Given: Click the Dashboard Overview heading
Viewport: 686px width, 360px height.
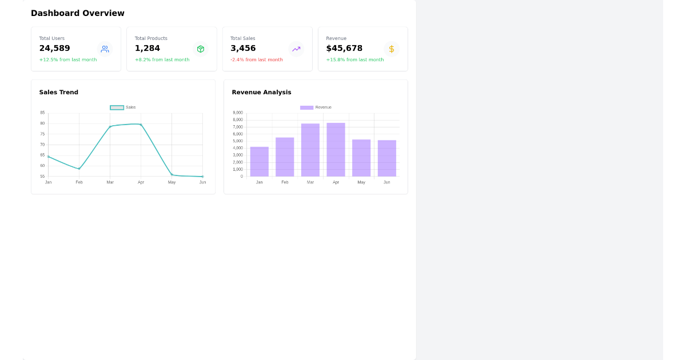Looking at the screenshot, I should click(x=77, y=13).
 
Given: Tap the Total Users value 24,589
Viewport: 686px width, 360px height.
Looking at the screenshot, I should click(x=54, y=49).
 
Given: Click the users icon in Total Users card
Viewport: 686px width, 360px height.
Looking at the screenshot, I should click(x=105, y=49).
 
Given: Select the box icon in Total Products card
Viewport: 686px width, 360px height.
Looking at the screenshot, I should click(x=201, y=49).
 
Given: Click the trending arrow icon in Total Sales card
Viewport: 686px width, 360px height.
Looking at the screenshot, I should click(x=296, y=49).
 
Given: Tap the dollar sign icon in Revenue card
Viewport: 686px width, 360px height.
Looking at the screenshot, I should click(x=392, y=49).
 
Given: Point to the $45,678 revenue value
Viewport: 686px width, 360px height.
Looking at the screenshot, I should click(x=344, y=49).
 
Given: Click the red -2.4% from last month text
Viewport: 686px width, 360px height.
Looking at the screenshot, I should click(x=256, y=60).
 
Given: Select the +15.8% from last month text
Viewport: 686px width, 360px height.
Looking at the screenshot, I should click(x=354, y=60).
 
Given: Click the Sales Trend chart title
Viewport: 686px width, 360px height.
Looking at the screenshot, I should click(x=58, y=93).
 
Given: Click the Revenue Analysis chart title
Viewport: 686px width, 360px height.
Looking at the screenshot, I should click(x=261, y=93).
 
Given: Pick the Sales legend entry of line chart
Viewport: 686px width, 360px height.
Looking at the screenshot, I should click(x=123, y=107).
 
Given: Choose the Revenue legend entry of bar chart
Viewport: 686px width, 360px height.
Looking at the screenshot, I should click(x=316, y=107).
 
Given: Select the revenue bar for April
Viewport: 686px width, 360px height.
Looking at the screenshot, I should click(x=336, y=150).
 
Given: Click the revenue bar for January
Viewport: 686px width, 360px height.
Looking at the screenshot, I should click(x=259, y=162).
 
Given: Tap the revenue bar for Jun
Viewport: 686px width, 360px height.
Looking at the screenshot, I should click(x=386, y=158).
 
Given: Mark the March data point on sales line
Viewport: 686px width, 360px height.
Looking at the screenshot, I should click(x=110, y=127).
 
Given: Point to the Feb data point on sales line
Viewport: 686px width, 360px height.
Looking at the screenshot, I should click(x=79, y=169).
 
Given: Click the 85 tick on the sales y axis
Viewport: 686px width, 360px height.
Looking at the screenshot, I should click(x=42, y=113).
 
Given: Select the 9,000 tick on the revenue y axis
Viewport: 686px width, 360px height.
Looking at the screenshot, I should click(x=238, y=113).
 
